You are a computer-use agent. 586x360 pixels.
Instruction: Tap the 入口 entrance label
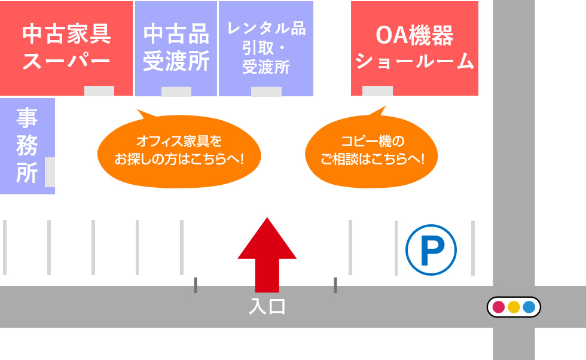pos(267,307)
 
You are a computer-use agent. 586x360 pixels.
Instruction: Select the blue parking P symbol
pos(431,249)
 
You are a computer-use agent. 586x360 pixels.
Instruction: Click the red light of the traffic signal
pos(499,307)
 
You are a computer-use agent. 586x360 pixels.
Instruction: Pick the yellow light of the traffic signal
pos(514,307)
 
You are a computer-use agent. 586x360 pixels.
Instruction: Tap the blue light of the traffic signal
pos(529,307)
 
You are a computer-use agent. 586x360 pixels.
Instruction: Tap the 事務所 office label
pos(27,145)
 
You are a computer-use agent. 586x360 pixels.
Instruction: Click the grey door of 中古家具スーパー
pos(99,91)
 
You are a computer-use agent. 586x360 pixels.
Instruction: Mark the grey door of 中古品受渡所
pos(176,91)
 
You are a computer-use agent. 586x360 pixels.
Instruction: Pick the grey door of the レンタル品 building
pos(266,91)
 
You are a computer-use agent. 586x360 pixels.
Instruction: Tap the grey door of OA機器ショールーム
pos(378,91)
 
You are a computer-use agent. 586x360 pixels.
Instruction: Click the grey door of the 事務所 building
pos(50,172)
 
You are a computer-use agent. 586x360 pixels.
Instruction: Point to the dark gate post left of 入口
pos(196,285)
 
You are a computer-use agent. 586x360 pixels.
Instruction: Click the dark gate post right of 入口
pos(335,285)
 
